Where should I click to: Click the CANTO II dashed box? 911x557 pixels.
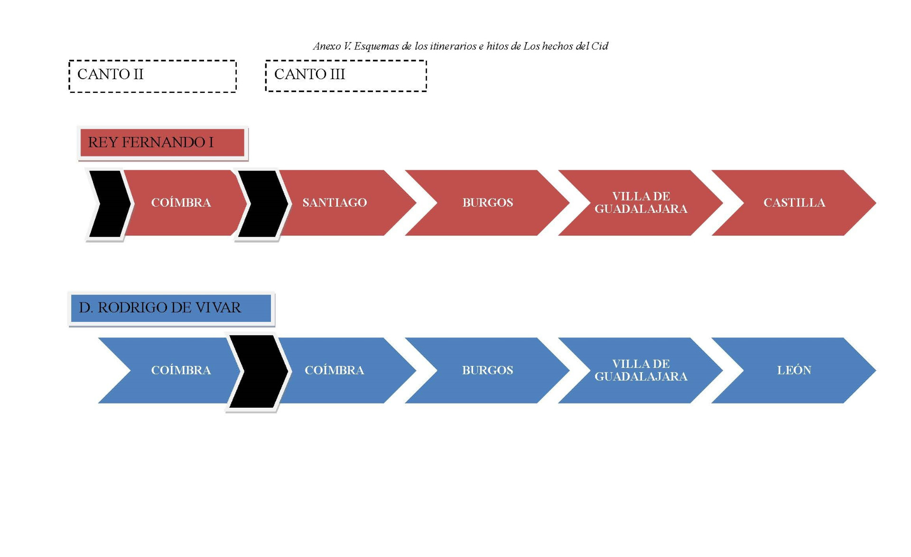click(x=152, y=76)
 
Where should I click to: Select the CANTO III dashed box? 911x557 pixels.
click(x=346, y=75)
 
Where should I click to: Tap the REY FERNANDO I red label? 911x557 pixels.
click(x=162, y=142)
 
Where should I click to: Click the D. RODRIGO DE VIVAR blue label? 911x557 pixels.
click(x=171, y=308)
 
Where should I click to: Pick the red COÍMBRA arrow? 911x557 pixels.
click(x=181, y=203)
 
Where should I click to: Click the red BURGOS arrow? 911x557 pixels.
click(x=488, y=203)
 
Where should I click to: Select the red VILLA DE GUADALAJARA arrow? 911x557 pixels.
click(x=641, y=203)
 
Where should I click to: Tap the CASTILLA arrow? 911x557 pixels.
click(x=794, y=203)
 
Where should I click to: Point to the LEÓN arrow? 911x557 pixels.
click(x=794, y=370)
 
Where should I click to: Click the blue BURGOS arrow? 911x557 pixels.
click(x=488, y=370)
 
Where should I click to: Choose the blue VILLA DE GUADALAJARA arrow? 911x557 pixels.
click(x=641, y=370)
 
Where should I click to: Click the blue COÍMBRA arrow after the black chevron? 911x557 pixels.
click(x=335, y=370)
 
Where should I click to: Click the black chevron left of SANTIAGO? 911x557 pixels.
click(x=262, y=204)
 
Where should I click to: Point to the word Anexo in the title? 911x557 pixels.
click(x=327, y=46)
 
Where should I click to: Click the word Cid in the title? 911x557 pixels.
click(x=600, y=46)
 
